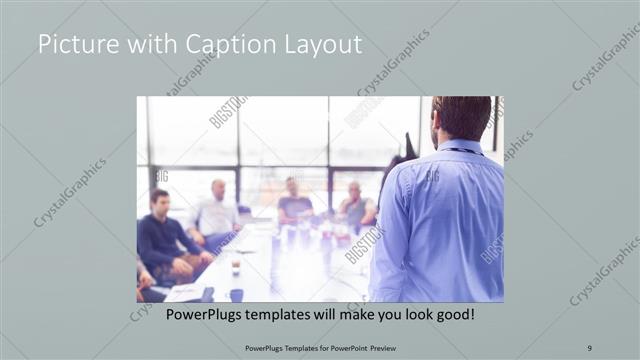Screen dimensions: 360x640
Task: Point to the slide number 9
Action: pos(588,347)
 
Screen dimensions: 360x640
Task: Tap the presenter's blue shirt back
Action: pos(440,220)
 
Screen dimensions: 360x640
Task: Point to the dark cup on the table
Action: pos(236,294)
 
